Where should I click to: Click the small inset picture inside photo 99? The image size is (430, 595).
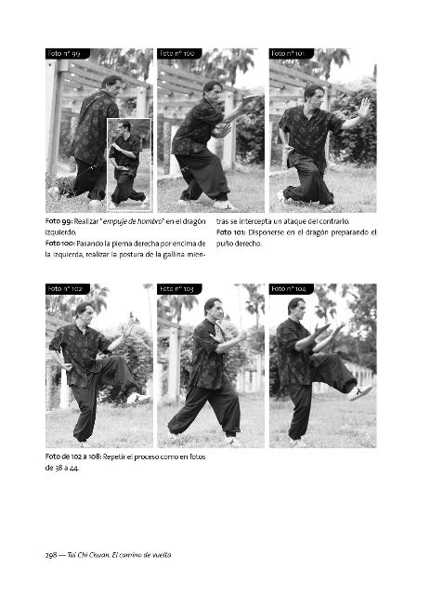click(129, 165)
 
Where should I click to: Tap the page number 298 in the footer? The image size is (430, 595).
click(51, 555)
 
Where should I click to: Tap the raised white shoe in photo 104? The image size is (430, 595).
click(359, 392)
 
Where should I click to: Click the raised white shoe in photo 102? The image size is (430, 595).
click(138, 398)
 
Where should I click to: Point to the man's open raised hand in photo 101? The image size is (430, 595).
click(363, 108)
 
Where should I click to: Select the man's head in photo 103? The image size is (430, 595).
click(213, 307)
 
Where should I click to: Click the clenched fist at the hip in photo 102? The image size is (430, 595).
click(68, 366)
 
